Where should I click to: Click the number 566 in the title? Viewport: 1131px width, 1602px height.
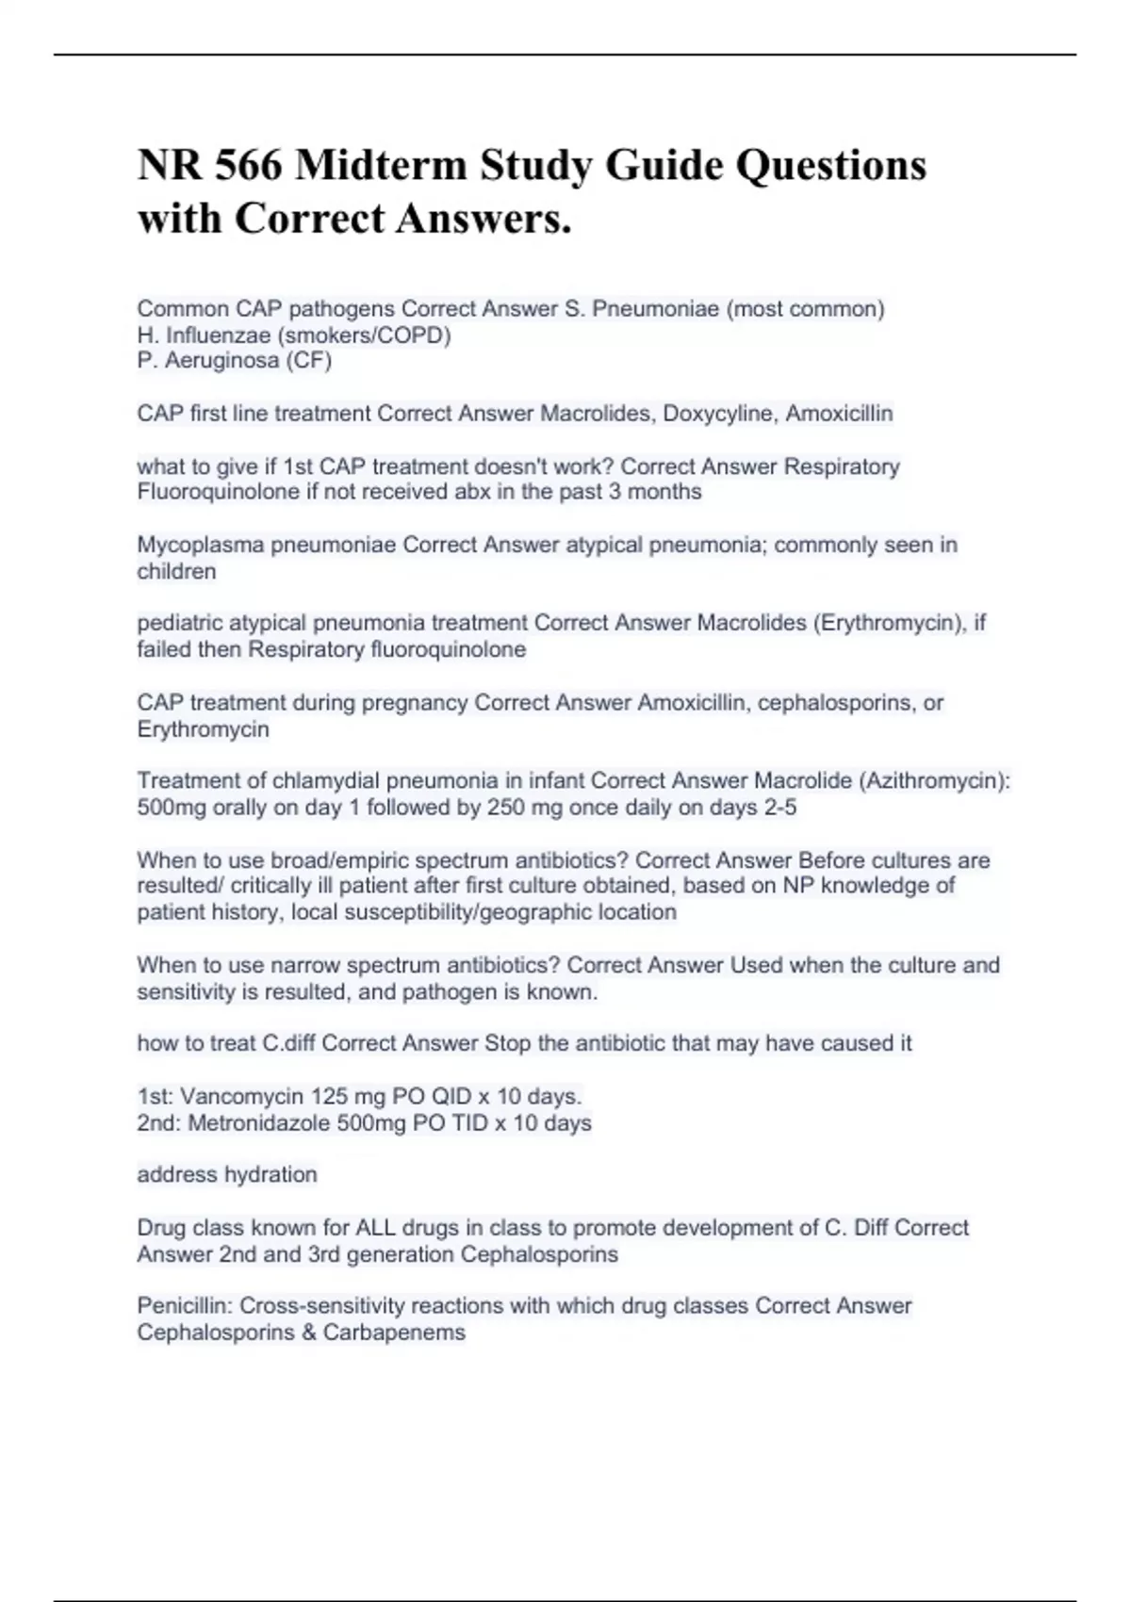[248, 166]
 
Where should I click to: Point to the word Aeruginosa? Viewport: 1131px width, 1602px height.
[221, 361]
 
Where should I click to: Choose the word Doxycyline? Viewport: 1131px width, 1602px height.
[720, 414]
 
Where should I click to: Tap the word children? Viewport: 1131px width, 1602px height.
[176, 571]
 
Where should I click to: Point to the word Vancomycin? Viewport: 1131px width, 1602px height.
[237, 1097]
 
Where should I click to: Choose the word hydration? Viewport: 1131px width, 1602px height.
[271, 1175]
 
